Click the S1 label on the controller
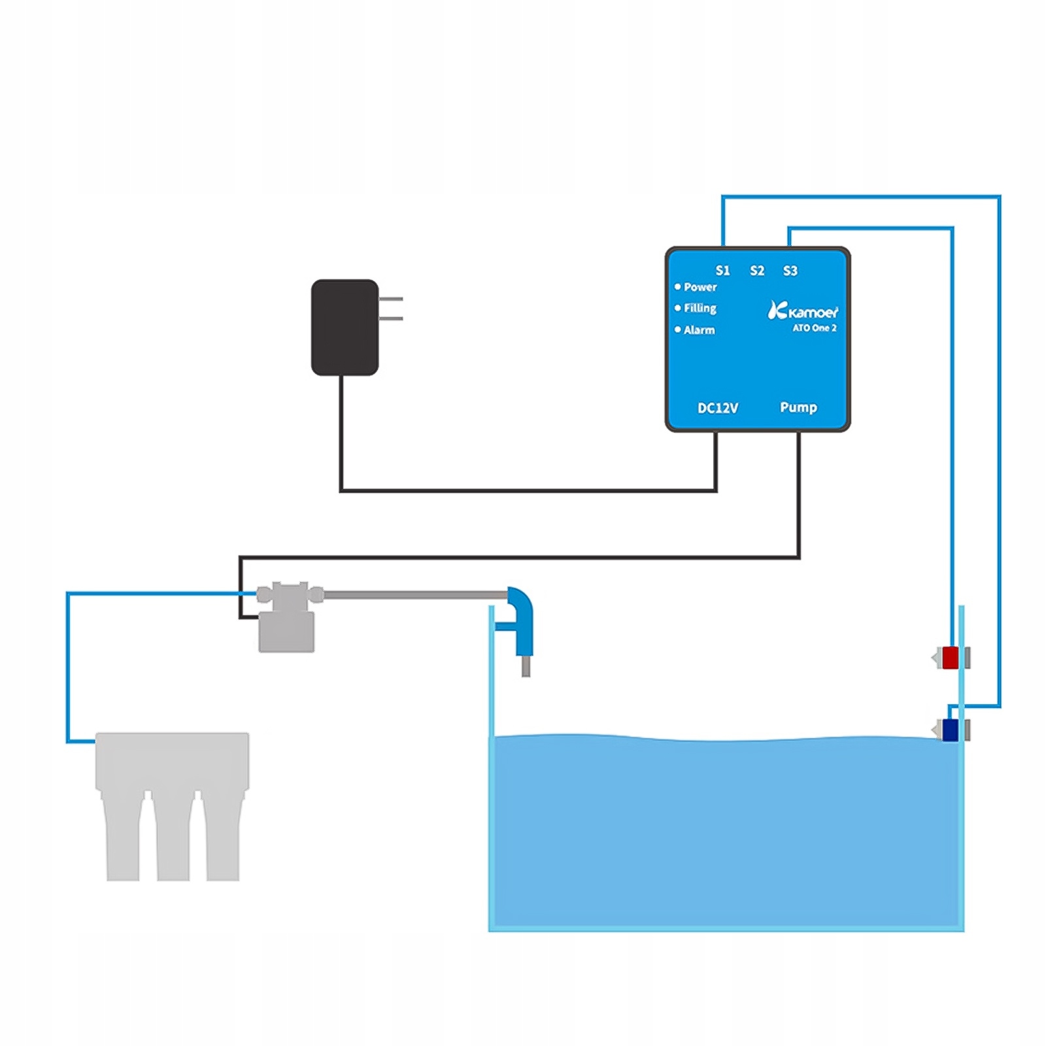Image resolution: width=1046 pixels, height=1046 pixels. point(722,271)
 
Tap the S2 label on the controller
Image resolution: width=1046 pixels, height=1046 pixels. point(757,271)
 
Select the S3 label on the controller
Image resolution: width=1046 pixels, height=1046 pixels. point(790,271)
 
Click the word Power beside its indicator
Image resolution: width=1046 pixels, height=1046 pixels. point(700,287)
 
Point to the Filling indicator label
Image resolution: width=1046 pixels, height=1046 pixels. point(700,308)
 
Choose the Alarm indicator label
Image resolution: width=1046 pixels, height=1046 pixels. point(699,330)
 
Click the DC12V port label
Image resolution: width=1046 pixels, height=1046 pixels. point(718,408)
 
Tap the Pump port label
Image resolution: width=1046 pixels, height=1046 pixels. point(798,407)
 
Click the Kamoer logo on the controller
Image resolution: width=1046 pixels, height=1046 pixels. point(803,311)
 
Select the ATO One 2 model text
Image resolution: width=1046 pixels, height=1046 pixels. point(815,328)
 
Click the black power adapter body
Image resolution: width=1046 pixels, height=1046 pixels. point(345,328)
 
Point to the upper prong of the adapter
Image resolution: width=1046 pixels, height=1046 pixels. point(391,299)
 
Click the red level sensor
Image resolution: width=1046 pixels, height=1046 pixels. point(950,658)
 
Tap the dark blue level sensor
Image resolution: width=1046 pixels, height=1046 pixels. point(950,730)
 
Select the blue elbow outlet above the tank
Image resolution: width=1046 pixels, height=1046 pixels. point(522,618)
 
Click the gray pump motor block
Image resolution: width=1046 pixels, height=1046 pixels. point(286,632)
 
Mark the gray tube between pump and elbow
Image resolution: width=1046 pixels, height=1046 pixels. point(415,595)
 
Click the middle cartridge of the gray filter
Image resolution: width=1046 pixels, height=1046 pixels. point(173,840)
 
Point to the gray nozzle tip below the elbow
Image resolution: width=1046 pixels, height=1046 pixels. point(526,667)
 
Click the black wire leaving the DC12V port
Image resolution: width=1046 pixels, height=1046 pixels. point(716,461)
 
